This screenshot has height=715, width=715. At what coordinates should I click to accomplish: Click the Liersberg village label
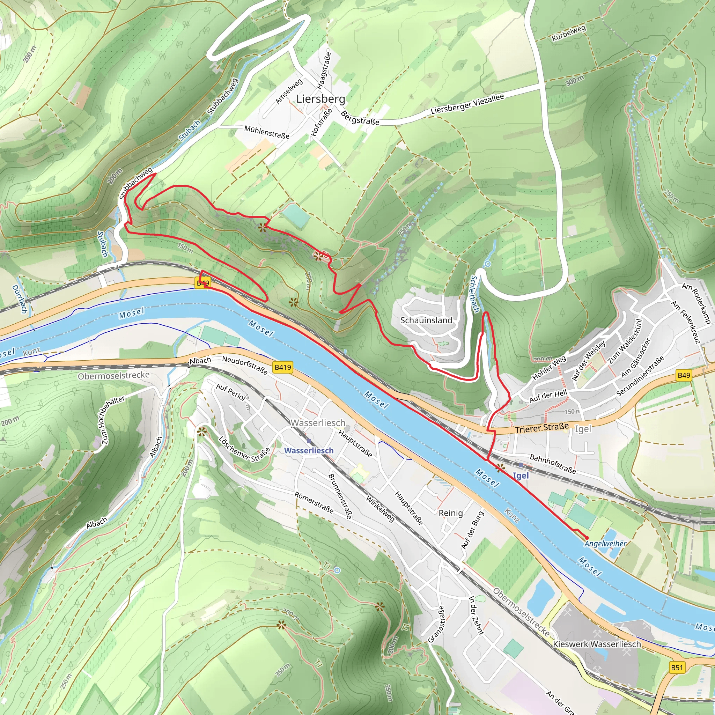(320, 99)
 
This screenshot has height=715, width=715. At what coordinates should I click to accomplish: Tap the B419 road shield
(283, 367)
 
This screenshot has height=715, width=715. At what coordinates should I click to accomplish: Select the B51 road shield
(677, 667)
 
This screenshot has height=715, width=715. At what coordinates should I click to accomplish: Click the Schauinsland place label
(426, 320)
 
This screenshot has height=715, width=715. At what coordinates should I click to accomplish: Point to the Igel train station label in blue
(521, 476)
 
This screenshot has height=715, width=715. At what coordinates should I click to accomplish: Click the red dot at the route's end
(587, 538)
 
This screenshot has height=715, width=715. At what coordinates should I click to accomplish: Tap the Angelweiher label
(605, 544)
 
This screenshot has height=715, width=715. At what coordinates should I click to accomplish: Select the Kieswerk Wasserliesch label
(597, 644)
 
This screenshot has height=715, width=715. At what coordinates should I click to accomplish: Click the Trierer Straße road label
(542, 428)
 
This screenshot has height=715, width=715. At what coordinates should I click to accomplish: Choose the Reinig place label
(450, 513)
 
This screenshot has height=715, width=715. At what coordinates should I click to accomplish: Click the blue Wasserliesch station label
(309, 450)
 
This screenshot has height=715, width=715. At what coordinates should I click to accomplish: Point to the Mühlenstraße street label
(266, 132)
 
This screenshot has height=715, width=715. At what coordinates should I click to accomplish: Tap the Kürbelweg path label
(568, 33)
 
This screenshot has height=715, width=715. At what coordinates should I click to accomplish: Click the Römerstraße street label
(314, 503)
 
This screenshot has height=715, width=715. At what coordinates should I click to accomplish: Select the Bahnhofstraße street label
(553, 464)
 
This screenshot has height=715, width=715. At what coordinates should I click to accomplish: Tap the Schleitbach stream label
(475, 294)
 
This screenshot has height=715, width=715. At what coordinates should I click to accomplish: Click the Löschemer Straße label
(244, 449)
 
